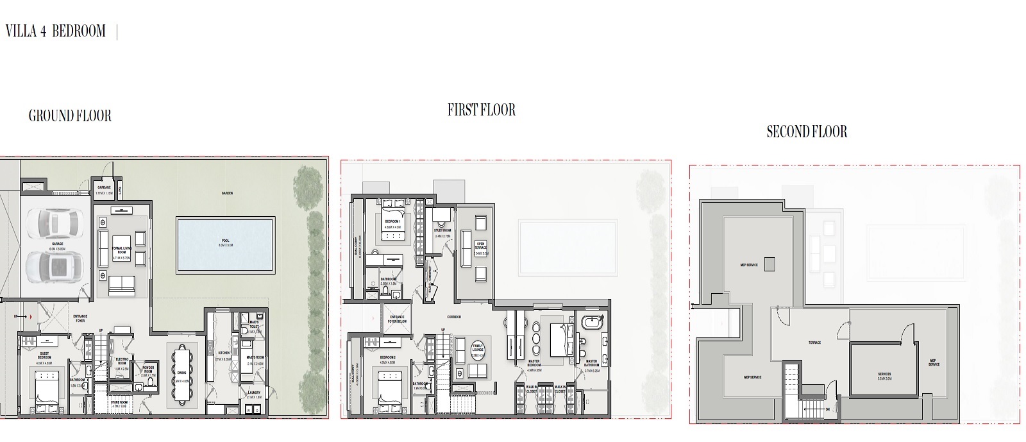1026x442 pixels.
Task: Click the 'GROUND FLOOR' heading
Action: pos(70,116)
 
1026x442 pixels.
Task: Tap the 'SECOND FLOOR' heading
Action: pos(807,132)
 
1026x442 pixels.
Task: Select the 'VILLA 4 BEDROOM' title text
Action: pos(55,31)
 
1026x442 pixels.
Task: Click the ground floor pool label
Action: pos(225,242)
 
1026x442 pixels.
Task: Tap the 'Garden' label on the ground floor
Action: pos(226,192)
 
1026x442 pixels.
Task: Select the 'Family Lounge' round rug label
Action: pos(478,351)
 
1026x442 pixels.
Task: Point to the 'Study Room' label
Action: pos(442,232)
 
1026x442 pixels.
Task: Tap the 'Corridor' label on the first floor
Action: pos(454,317)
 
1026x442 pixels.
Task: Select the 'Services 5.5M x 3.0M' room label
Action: pos(884,376)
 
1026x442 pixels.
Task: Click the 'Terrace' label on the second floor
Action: pos(814,343)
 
